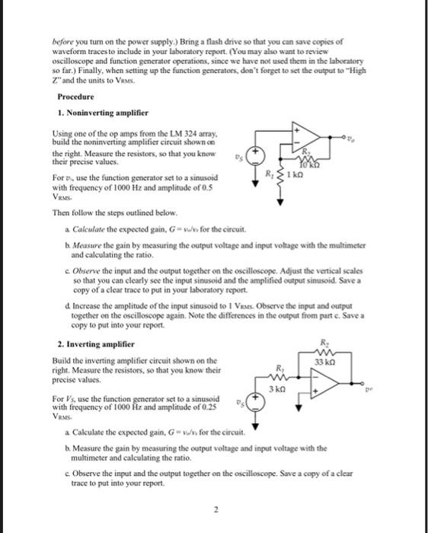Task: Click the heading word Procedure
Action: (x=75, y=97)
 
